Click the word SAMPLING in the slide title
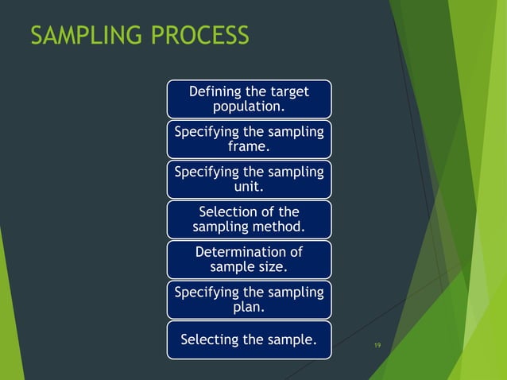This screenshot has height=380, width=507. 79,36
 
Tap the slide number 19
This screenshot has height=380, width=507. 377,345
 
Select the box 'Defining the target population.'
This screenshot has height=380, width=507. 249,99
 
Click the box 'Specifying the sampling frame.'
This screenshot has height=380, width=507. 249,139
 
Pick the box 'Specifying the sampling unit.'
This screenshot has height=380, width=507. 249,180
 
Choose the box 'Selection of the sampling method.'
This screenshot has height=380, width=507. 249,219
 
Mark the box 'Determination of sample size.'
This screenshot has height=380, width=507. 249,260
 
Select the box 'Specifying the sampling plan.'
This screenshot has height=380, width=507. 249,300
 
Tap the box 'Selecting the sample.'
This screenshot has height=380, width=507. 249,340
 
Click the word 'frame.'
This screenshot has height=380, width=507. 249,147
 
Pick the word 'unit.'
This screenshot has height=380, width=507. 249,188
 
